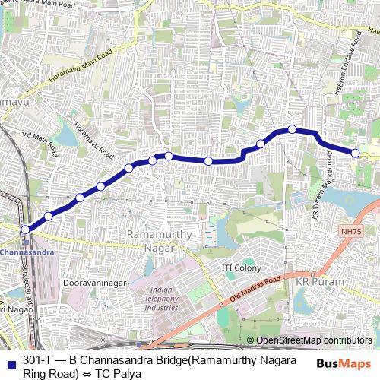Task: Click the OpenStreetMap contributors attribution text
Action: pyautogui.click(x=314, y=340)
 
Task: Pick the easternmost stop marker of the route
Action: pyautogui.click(x=356, y=154)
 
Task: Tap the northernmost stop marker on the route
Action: pyautogui.click(x=291, y=129)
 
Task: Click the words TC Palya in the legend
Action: pyautogui.click(x=123, y=373)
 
